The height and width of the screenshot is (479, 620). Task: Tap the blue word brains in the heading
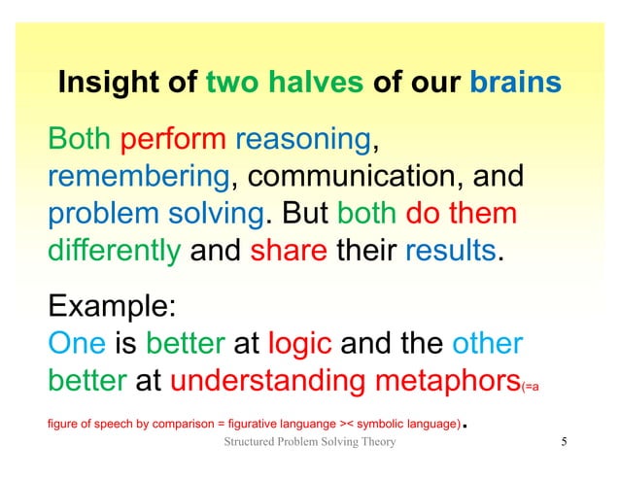point(515,84)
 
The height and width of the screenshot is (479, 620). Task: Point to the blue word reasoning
point(302,143)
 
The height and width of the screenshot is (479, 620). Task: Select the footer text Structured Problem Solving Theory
point(309,444)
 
